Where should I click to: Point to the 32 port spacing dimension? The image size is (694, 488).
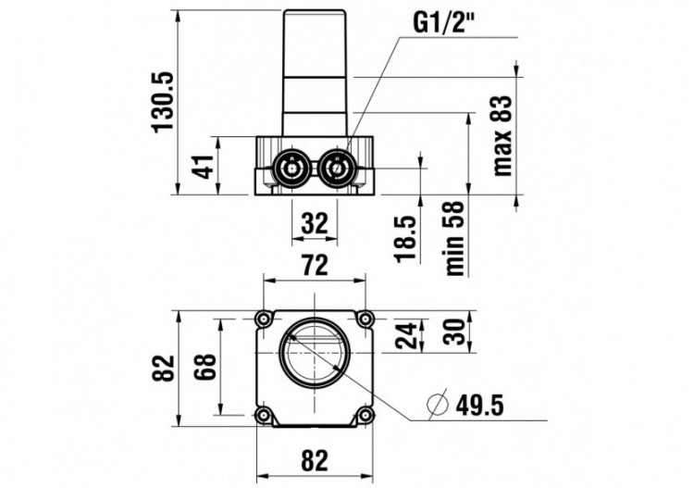pyautogui.click(x=315, y=223)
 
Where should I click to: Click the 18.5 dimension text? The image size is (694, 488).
pyautogui.click(x=407, y=237)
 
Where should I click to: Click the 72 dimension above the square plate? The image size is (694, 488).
pyautogui.click(x=315, y=266)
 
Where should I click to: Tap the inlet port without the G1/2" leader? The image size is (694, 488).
pyautogui.click(x=291, y=169)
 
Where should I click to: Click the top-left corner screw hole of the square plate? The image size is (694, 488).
pyautogui.click(x=265, y=319)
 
